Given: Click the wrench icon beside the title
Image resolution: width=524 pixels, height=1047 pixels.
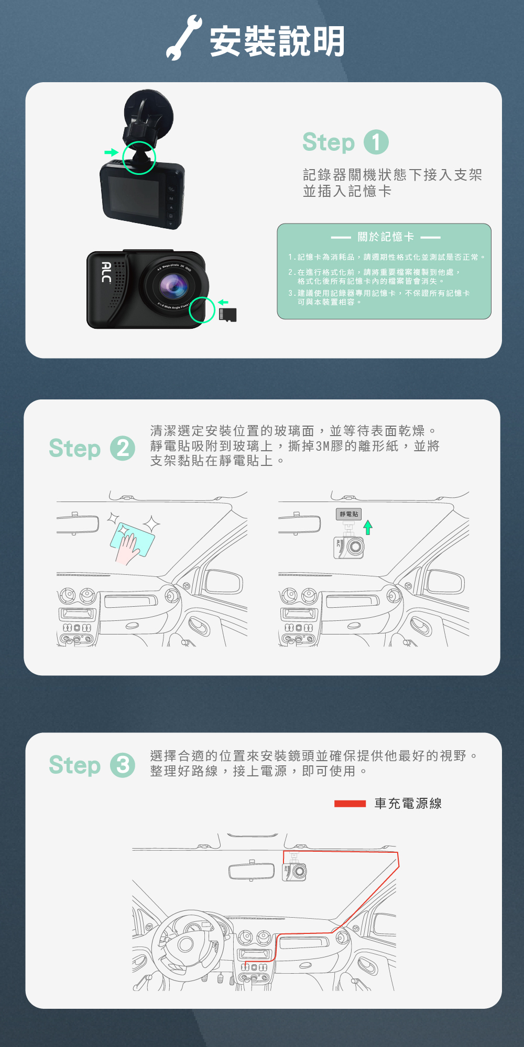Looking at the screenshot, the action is click(x=183, y=38).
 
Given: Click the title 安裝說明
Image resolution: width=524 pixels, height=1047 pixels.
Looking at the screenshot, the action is click(x=277, y=41).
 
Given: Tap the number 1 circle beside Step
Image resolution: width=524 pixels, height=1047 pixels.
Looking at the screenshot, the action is click(x=376, y=142).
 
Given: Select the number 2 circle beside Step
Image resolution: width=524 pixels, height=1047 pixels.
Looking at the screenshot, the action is click(x=123, y=449).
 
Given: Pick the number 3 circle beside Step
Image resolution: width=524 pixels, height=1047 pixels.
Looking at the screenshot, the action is click(x=123, y=765).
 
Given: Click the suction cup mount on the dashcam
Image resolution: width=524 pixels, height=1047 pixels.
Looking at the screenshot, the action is click(x=148, y=113).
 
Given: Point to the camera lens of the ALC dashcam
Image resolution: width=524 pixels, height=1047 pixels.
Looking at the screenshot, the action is click(x=173, y=286).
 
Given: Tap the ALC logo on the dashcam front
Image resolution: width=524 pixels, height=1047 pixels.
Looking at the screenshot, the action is click(x=106, y=272).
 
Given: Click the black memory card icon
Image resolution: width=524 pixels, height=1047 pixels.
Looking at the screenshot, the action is click(x=227, y=315).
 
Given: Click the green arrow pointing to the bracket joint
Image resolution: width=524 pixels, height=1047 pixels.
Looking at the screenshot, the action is click(x=111, y=152).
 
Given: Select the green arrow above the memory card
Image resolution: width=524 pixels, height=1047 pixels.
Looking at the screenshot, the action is click(x=223, y=302).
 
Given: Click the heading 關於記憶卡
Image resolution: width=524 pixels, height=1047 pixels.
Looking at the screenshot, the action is click(x=386, y=237).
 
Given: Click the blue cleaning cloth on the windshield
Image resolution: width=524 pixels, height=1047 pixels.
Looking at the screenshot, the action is click(x=133, y=539).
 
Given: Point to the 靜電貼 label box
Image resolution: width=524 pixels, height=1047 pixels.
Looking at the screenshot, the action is click(x=348, y=514).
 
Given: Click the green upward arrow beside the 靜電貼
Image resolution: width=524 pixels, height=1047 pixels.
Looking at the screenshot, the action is click(x=368, y=527).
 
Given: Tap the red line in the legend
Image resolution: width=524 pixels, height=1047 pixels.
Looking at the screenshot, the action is click(x=350, y=804).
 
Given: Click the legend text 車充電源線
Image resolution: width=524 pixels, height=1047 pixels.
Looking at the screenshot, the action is click(x=408, y=804).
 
